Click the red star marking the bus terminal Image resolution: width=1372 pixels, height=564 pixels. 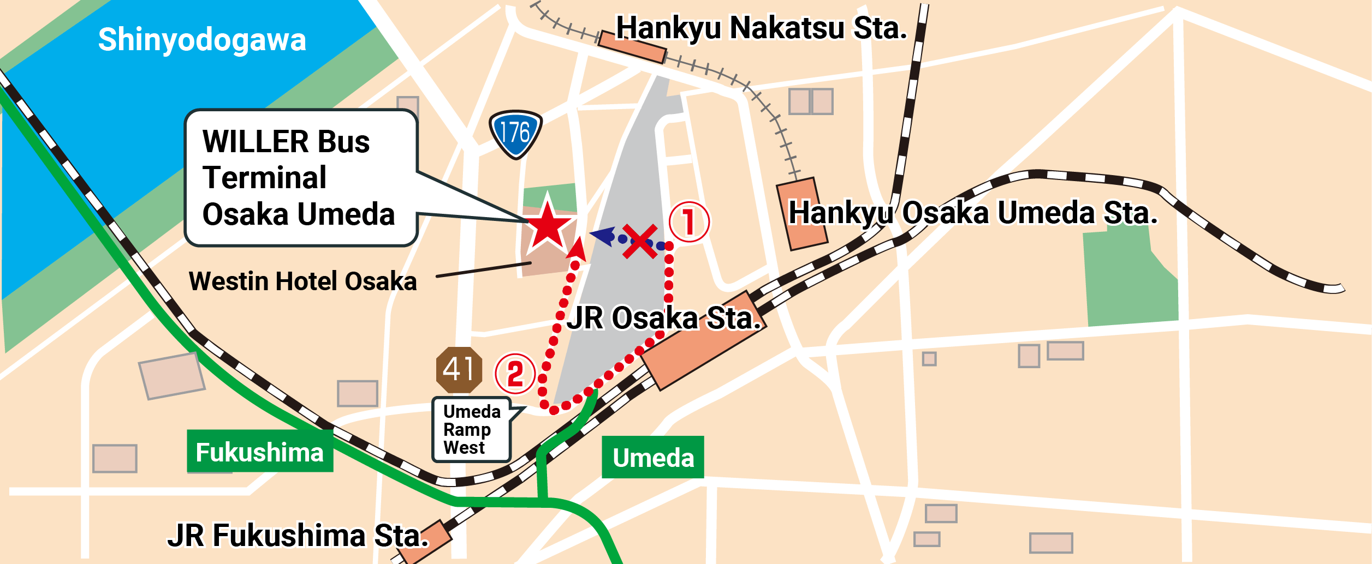(x=548, y=225)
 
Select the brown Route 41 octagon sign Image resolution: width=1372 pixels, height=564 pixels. (x=459, y=370)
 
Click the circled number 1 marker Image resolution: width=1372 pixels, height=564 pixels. (x=689, y=221)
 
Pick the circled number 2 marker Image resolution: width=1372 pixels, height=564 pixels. (x=515, y=374)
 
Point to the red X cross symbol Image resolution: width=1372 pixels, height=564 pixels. (x=640, y=241)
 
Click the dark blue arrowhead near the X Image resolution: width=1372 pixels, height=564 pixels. (x=603, y=236)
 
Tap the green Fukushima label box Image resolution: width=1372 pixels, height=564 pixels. (x=260, y=451)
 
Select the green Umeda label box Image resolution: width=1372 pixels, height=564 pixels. (x=652, y=457)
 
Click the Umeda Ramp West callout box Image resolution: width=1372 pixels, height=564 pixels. (x=471, y=429)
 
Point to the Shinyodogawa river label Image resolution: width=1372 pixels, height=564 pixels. (x=202, y=39)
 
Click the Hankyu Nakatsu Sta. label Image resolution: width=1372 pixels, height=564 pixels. (x=761, y=28)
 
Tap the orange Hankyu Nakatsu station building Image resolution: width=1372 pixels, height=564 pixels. (x=632, y=47)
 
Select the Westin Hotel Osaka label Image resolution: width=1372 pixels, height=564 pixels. (x=302, y=281)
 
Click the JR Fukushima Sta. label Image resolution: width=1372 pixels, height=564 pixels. (x=298, y=535)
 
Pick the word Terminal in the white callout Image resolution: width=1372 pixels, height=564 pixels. (x=264, y=178)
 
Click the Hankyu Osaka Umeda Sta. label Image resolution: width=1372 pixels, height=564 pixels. (x=973, y=212)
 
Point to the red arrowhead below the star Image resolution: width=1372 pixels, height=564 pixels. (x=577, y=250)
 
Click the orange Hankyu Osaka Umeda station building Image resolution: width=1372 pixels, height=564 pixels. (x=801, y=214)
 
